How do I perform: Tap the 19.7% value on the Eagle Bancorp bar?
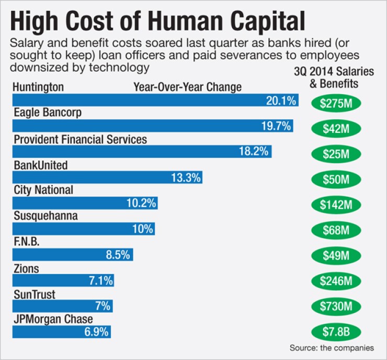[x=275, y=126]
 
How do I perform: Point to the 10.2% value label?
[x=141, y=203]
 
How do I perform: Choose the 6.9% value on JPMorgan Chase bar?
[x=96, y=332]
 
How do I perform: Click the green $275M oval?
[x=340, y=102]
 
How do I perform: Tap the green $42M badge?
[x=340, y=128]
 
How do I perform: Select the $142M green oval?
[x=340, y=205]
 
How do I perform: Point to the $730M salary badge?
[x=340, y=307]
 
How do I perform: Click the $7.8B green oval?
[x=340, y=333]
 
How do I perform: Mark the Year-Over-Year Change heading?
[x=187, y=87]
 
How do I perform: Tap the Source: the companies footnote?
[x=332, y=347]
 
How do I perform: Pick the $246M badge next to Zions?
[x=340, y=282]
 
